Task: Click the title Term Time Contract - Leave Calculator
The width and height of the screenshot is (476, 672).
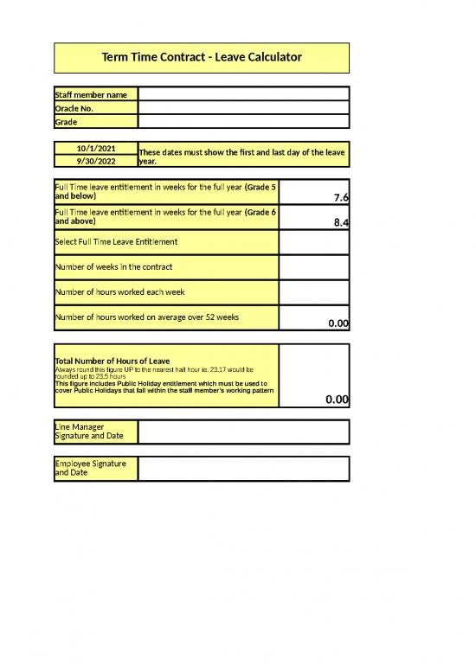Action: (202, 58)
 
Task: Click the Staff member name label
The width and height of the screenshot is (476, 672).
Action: (91, 94)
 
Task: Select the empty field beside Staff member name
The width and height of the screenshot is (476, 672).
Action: (243, 94)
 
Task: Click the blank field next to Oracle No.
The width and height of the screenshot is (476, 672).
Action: (243, 108)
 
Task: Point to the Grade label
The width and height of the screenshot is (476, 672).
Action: (67, 122)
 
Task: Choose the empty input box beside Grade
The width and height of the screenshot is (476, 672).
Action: (243, 122)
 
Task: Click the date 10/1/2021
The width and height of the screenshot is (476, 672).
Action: (96, 148)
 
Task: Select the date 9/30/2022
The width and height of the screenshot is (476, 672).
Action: (96, 161)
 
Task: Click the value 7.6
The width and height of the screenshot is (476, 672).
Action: (341, 198)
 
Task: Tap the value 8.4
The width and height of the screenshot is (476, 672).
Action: (341, 223)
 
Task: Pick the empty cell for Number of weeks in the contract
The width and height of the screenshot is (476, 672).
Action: (314, 267)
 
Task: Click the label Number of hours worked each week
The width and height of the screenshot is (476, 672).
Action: (119, 291)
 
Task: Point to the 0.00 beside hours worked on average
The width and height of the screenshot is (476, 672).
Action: (338, 323)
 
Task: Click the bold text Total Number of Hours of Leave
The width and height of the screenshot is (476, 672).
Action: (113, 361)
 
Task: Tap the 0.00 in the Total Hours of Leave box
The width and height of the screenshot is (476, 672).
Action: (337, 400)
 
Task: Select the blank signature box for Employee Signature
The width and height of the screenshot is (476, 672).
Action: (243, 469)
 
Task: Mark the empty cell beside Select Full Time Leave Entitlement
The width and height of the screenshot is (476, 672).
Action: (314, 242)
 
